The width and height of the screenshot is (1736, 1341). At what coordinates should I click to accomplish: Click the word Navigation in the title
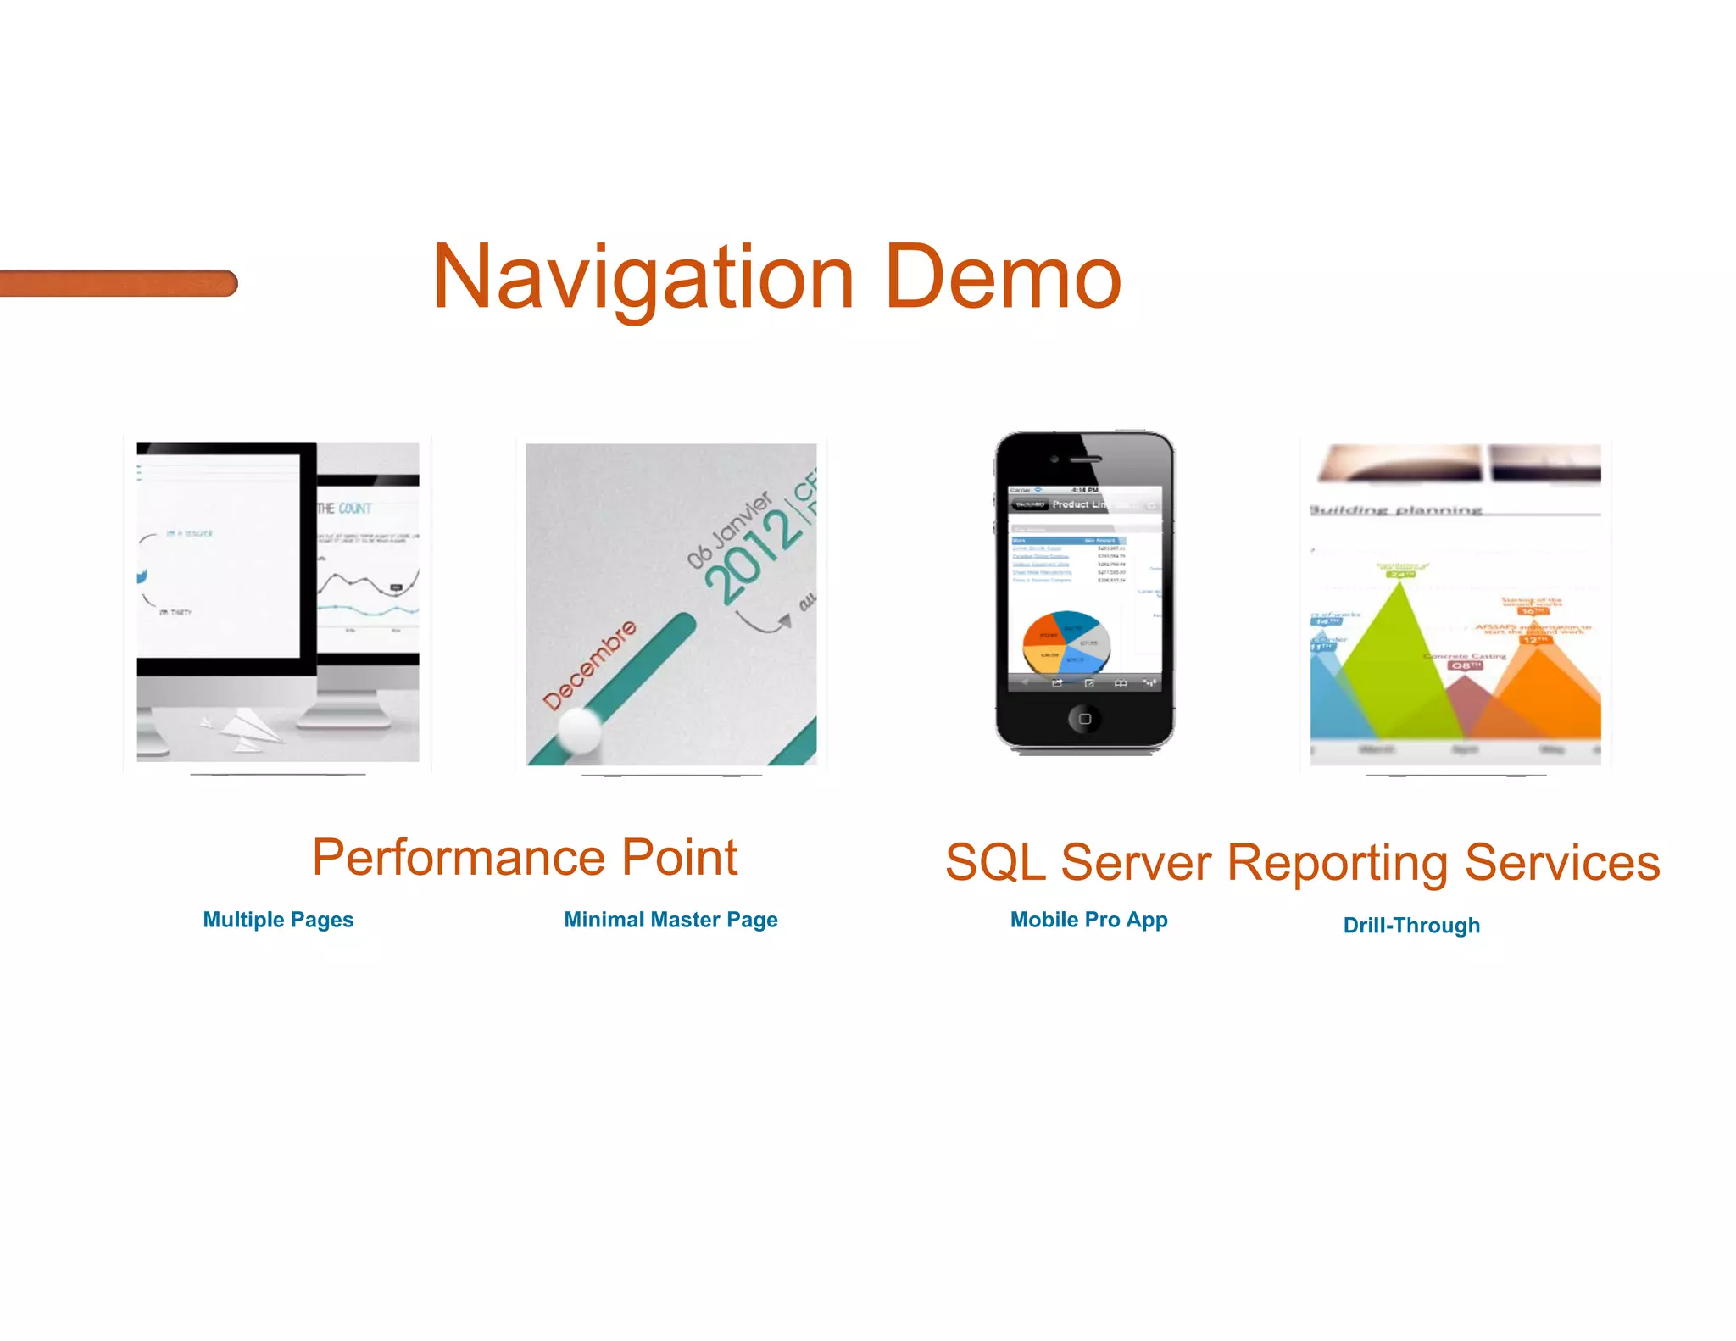pyautogui.click(x=642, y=278)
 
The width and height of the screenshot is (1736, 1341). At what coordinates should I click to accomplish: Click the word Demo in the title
pyautogui.click(x=1002, y=278)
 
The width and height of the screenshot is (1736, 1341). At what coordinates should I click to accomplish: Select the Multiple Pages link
pyautogui.click(x=278, y=920)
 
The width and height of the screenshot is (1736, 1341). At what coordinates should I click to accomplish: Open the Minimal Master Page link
pyautogui.click(x=670, y=920)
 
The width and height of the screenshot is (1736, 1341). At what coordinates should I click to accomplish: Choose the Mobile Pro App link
pyautogui.click(x=1088, y=920)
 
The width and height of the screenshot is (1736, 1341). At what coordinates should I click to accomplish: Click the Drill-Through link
pyautogui.click(x=1411, y=925)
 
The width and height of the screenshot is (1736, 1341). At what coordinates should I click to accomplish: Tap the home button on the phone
pyautogui.click(x=1084, y=719)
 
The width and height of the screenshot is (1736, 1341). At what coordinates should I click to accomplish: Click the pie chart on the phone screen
pyautogui.click(x=1066, y=641)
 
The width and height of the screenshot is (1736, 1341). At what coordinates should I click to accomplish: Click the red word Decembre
pyautogui.click(x=589, y=665)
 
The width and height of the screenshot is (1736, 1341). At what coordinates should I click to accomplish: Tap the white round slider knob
pyautogui.click(x=580, y=728)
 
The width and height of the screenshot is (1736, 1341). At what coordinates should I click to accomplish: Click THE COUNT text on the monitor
pyautogui.click(x=345, y=509)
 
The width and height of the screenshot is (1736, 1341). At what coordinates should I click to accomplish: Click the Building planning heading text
pyautogui.click(x=1397, y=510)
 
